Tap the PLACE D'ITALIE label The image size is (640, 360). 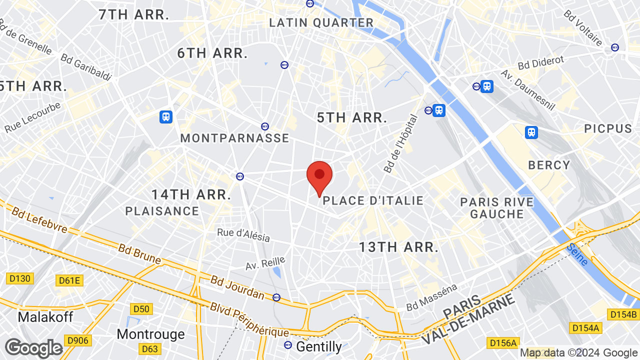pos(373,201)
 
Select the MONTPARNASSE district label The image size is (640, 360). pos(234,138)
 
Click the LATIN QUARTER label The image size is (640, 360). pos(321,22)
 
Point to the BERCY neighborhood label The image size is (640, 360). pos(549,165)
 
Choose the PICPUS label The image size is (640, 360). pos(608,129)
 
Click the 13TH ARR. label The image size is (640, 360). pos(399,247)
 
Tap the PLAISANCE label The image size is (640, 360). pos(162,211)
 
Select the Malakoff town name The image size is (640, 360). pos(45,317)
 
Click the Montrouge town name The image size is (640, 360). pos(150,333)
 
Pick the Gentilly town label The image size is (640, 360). pos(319,346)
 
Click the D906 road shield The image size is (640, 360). pos(77,340)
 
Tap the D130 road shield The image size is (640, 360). pos(20,278)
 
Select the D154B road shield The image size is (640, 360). pos(623,314)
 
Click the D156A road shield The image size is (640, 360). pos(502,342)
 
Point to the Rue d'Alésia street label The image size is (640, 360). pos(243,234)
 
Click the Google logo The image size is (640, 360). pos(33,348)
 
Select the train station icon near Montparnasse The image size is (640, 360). pos(166,117)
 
